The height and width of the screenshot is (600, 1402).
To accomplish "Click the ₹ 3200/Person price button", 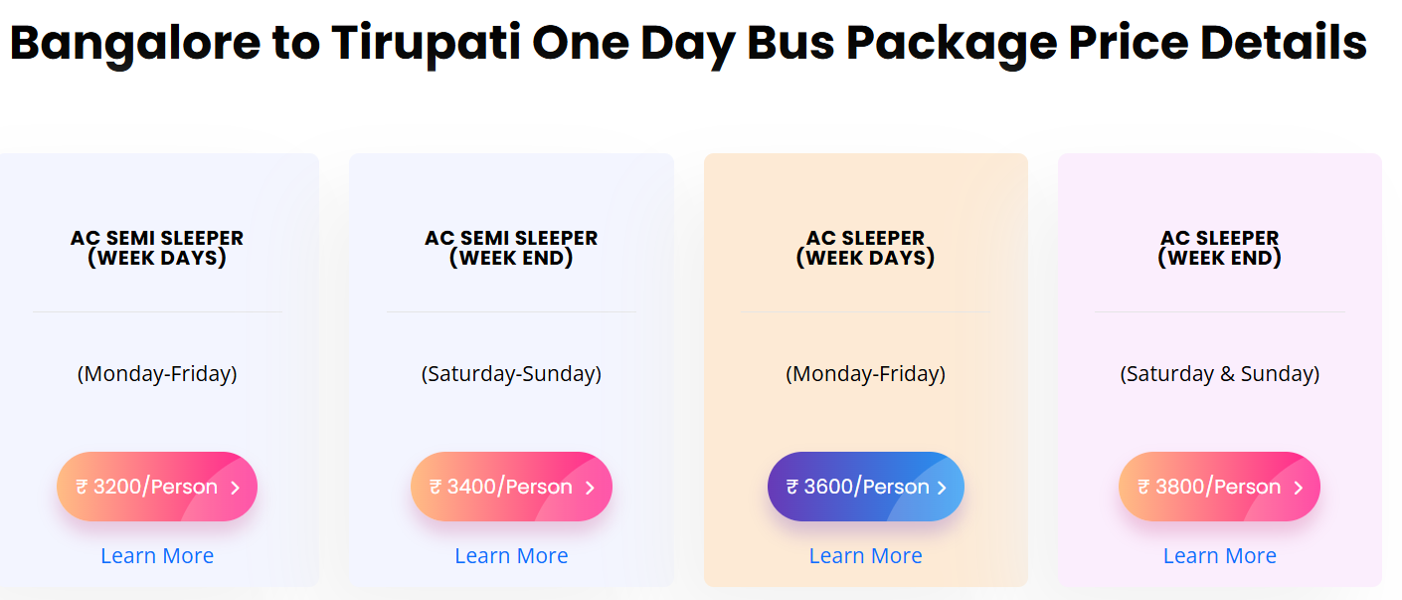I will click(157, 487).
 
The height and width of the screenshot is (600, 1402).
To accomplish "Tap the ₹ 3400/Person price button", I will click(511, 487).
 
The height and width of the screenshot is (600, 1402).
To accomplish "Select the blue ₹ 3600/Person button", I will click(865, 487).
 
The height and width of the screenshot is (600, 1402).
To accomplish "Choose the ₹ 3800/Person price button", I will click(1219, 487).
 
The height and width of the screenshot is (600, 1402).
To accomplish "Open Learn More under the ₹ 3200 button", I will click(157, 556).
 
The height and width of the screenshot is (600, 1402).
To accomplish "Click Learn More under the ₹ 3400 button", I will click(511, 556).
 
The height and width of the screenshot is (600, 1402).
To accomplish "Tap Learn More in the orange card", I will click(865, 556).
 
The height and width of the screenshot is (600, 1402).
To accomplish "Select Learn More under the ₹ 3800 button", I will click(1219, 556).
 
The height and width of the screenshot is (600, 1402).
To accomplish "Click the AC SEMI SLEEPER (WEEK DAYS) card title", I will click(157, 248).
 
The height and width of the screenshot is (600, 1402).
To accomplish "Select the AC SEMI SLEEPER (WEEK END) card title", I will click(511, 248).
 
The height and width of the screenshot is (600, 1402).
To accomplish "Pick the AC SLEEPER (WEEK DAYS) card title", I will click(865, 248).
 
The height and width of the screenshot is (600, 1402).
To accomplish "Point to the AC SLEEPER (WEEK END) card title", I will click(1219, 248).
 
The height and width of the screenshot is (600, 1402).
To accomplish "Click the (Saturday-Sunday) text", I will click(511, 374).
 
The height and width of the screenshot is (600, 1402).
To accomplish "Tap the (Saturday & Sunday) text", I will click(1219, 374).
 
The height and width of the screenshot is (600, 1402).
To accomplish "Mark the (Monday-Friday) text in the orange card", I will click(865, 374).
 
